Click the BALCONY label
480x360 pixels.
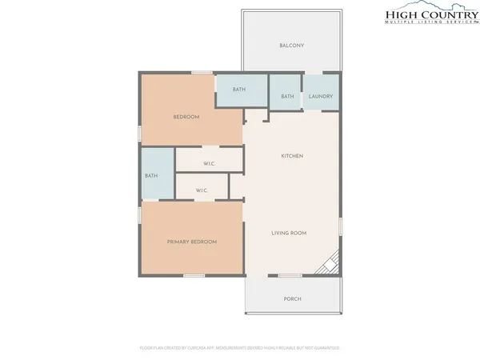tap(291, 46)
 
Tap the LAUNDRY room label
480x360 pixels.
tap(321, 97)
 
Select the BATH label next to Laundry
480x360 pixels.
tap(287, 97)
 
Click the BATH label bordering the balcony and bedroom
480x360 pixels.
tap(239, 89)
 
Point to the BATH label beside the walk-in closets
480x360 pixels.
tap(150, 176)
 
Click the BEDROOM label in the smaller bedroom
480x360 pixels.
tap(186, 117)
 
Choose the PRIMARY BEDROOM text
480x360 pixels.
tap(192, 242)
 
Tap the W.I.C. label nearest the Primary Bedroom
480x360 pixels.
tap(202, 190)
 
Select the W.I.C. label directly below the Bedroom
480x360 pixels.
tap(209, 164)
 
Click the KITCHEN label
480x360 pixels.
tap(291, 155)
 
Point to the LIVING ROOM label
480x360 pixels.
tap(289, 233)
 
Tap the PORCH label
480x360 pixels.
tap(293, 299)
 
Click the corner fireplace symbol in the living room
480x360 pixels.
tap(330, 263)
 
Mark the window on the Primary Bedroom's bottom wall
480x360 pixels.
tap(194, 276)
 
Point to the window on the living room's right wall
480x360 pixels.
tap(341, 226)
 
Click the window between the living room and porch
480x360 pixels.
tap(290, 276)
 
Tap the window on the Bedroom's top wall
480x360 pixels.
tap(202, 73)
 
